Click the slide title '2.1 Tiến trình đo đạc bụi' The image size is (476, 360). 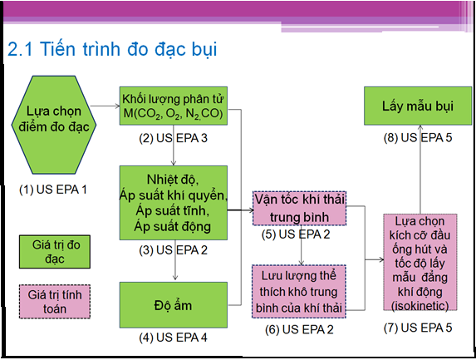tap(112, 49)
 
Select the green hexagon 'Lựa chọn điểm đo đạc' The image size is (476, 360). tap(54, 125)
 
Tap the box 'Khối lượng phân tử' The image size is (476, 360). tap(174, 106)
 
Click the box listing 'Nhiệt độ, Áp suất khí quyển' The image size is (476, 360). tap(174, 203)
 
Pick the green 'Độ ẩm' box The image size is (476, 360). tap(174, 304)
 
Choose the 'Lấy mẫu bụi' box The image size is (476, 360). tap(418, 106)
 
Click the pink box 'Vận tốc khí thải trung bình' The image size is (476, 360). tap(299, 209)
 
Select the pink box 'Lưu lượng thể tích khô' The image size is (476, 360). tap(299, 292)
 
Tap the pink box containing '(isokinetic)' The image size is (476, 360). tap(420, 262)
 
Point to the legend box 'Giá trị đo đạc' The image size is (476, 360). tap(55, 252)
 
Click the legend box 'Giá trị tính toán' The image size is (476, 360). tap(55, 301)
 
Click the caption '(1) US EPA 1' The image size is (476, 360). tap(53, 190)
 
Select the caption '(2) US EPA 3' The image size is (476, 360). tap(174, 138)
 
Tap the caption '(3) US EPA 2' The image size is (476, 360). tap(174, 250)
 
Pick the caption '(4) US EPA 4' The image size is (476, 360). tap(174, 338)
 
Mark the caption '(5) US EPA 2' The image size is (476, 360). tap(296, 234)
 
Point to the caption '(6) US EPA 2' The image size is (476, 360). tap(299, 329)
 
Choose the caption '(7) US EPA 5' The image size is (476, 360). tap(418, 328)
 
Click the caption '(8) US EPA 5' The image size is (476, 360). tap(418, 138)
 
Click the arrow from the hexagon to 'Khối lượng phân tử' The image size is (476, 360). tap(106, 106)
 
